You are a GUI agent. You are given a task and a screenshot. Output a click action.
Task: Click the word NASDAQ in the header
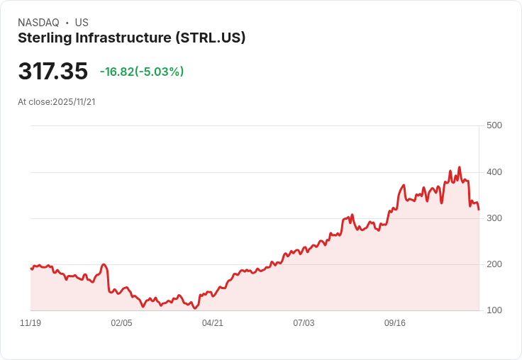[38, 23]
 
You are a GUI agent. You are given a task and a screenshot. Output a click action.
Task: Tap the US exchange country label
[82, 23]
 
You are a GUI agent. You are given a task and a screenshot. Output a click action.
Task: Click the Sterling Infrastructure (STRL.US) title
[131, 38]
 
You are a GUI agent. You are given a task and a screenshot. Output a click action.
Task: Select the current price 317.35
[52, 72]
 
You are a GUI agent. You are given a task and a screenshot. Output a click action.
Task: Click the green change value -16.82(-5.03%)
[142, 72]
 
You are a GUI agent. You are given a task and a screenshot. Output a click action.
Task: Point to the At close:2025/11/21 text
[57, 102]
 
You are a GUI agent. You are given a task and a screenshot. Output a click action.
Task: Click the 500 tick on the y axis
[494, 125]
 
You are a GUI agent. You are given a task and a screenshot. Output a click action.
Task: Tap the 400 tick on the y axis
[494, 172]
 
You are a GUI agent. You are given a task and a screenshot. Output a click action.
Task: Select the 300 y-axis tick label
[494, 218]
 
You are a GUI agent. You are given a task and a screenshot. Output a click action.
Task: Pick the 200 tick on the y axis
[494, 264]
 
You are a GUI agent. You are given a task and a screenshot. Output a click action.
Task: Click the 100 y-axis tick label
[494, 310]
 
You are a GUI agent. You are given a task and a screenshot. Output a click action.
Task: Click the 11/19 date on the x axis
[30, 323]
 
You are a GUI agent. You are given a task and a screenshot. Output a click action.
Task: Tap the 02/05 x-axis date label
[121, 323]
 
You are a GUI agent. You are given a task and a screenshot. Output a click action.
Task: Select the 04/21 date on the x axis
[213, 323]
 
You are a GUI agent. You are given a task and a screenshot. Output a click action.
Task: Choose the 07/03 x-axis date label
[304, 323]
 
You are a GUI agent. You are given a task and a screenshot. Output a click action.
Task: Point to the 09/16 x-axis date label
[395, 323]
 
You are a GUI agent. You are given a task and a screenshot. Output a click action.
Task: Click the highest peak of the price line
[460, 167]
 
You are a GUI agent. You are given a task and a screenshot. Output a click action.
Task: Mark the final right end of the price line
[479, 210]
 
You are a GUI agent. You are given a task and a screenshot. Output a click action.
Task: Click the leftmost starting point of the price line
[30, 269]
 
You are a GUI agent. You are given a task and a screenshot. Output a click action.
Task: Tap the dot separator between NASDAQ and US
[67, 23]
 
